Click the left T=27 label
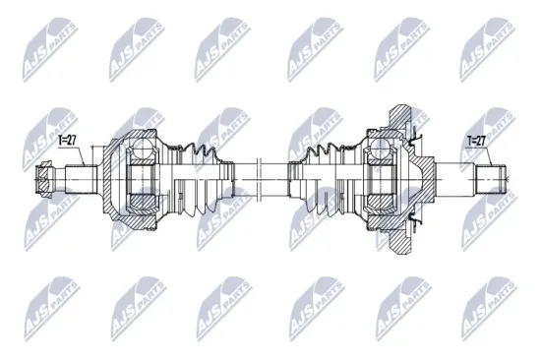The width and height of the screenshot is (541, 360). click(x=69, y=141)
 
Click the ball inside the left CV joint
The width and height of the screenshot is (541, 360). click(x=142, y=149)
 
